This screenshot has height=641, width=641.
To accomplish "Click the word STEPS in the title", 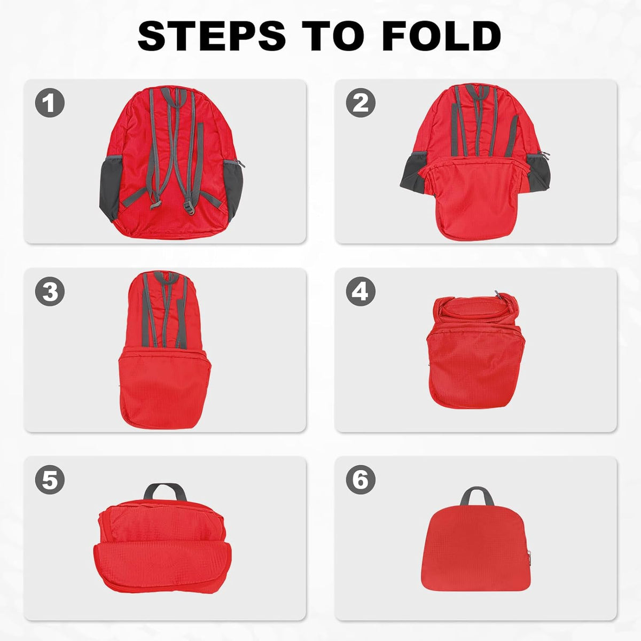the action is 212,36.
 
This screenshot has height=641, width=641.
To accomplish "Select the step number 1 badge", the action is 50,103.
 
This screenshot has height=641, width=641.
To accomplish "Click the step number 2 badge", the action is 361,103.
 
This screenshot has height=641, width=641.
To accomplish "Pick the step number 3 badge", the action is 50,292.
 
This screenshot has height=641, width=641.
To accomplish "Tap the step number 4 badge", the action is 361,292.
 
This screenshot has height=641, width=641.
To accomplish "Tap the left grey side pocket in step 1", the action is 111,188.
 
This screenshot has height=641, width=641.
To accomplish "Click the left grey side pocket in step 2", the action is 412,173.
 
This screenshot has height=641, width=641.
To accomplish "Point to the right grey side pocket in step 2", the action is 538,173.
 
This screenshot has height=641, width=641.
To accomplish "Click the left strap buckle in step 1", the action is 155,204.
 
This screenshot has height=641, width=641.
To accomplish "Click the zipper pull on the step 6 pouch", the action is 528,555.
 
